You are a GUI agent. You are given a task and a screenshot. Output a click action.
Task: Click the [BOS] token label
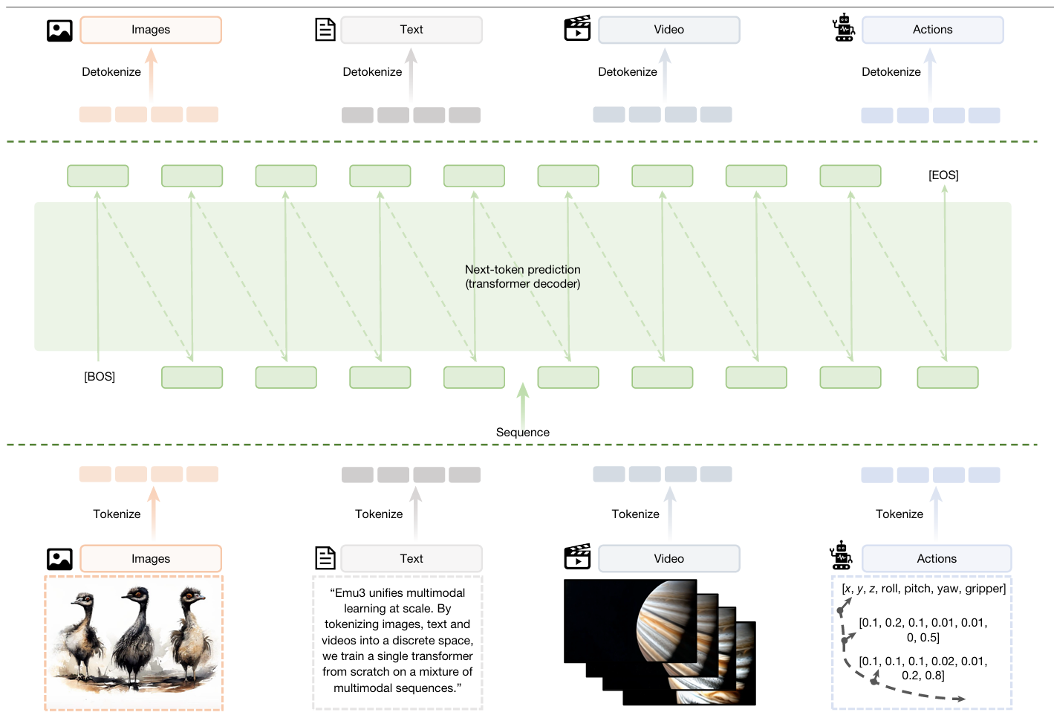point(100,377)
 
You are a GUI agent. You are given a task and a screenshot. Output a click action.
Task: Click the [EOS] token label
point(943,175)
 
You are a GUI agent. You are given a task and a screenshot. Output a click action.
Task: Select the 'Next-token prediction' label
point(523,270)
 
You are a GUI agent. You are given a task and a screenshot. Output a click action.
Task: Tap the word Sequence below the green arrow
point(523,433)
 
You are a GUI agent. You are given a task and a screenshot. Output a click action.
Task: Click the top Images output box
point(151,30)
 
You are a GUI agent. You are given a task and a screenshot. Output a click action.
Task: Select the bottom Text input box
point(411,559)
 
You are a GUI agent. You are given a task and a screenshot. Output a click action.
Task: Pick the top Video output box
point(669,30)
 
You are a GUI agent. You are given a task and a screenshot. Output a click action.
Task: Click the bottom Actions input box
point(937,559)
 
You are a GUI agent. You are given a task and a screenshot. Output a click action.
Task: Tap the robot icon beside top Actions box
point(844,28)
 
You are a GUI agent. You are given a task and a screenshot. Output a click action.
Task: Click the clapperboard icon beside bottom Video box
point(577,557)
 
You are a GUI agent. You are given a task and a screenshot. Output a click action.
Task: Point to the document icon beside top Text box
point(325,30)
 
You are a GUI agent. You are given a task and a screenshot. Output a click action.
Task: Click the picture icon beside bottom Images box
point(59,559)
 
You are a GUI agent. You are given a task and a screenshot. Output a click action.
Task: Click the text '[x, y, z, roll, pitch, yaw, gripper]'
point(923,589)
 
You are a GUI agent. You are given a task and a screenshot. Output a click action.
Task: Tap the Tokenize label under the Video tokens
point(635,514)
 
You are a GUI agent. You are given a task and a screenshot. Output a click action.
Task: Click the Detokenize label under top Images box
point(111,72)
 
